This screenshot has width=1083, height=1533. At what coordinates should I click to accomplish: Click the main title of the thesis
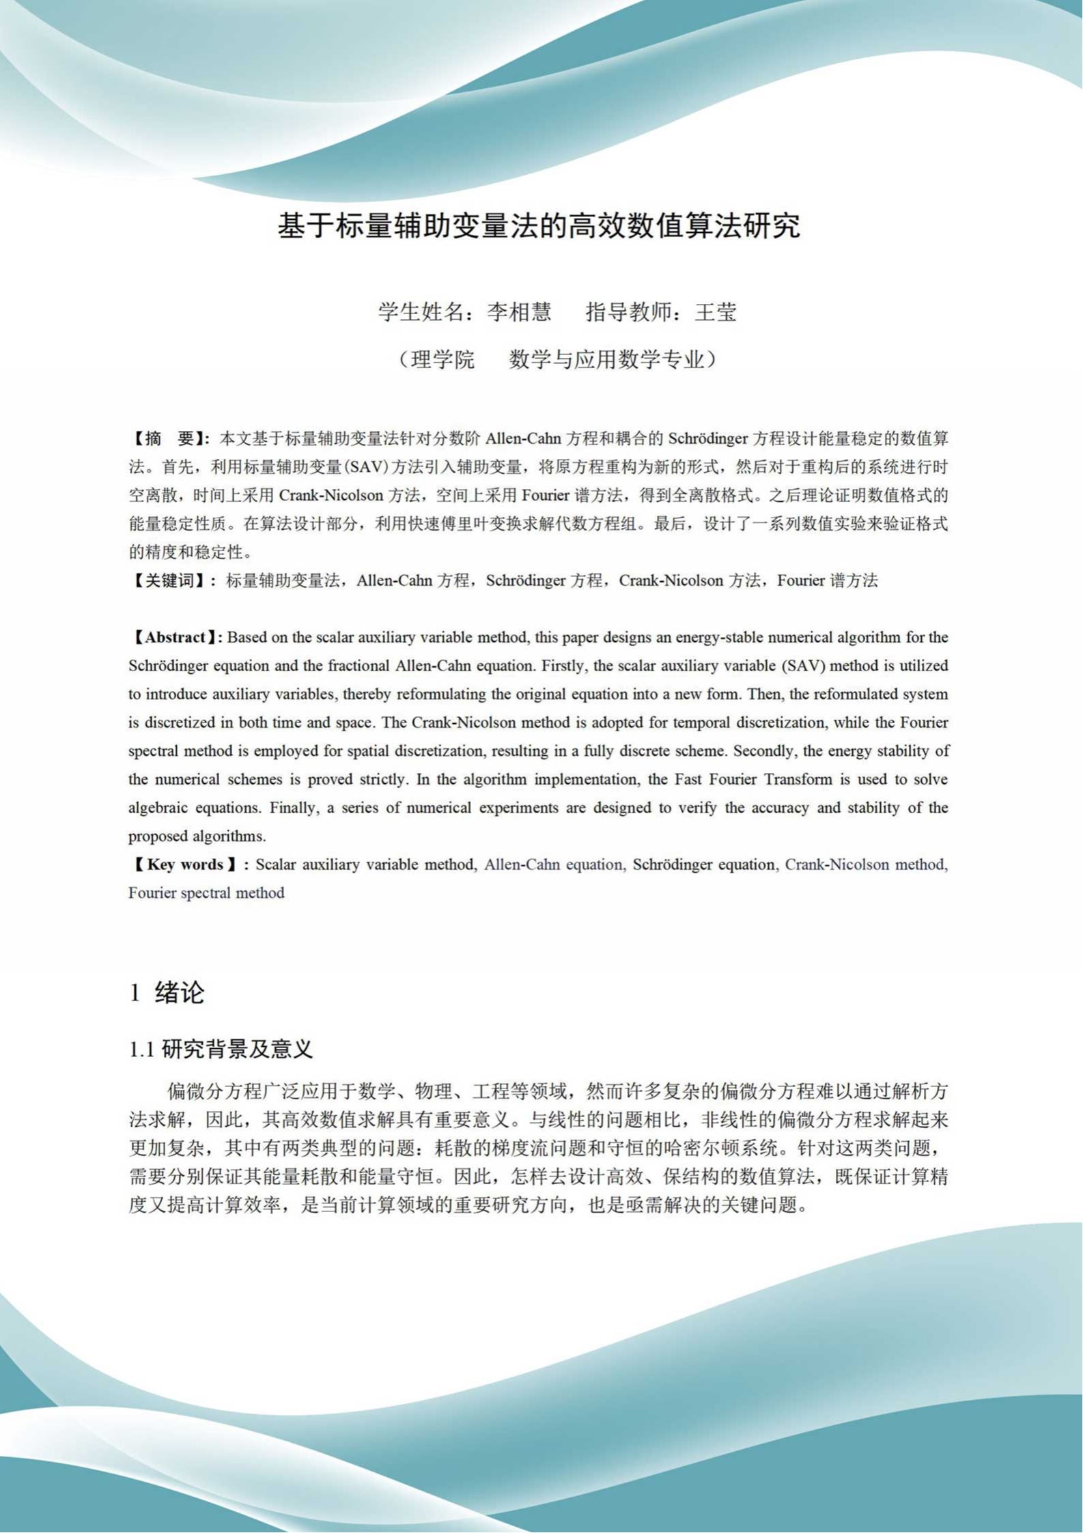tap(539, 226)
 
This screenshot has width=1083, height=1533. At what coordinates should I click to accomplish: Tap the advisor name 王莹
tap(716, 313)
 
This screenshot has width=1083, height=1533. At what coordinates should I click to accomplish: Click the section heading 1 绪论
tap(167, 993)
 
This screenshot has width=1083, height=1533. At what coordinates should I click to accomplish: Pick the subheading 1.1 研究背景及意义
tap(221, 1049)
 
